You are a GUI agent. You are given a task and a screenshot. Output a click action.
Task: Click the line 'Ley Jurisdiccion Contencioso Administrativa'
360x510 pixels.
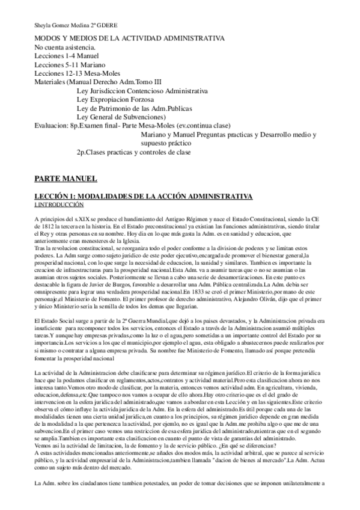coord(142,91)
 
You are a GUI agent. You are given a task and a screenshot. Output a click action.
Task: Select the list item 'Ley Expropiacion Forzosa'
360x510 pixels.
coord(115,99)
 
